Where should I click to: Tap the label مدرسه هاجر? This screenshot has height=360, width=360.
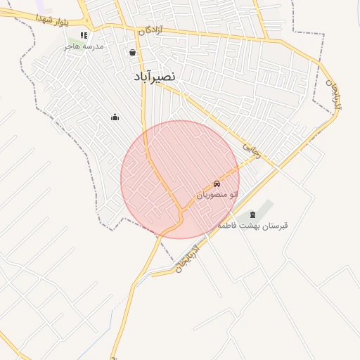click(84, 46)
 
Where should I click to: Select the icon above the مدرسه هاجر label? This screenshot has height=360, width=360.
click(84, 34)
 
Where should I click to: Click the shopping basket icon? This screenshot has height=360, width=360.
click(132, 52)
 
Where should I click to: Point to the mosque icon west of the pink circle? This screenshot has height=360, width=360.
click(115, 117)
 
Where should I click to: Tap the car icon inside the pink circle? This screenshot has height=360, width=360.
click(217, 184)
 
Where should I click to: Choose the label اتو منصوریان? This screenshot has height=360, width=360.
click(217, 193)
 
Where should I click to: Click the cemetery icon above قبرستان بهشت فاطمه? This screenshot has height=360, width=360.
click(253, 214)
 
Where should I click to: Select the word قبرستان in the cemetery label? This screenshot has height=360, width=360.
click(276, 225)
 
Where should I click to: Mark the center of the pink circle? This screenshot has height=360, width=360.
click(180, 179)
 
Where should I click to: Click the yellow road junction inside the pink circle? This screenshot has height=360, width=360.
click(181, 209)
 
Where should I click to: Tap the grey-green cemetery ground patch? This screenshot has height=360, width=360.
click(262, 209)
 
